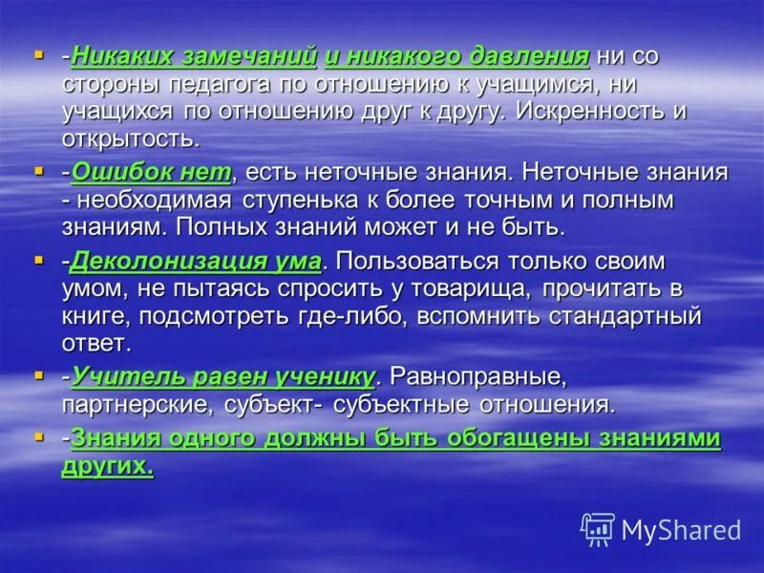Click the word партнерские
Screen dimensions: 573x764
point(132,404)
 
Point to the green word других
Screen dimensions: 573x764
point(107,466)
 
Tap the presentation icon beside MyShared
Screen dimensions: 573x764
point(597,529)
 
